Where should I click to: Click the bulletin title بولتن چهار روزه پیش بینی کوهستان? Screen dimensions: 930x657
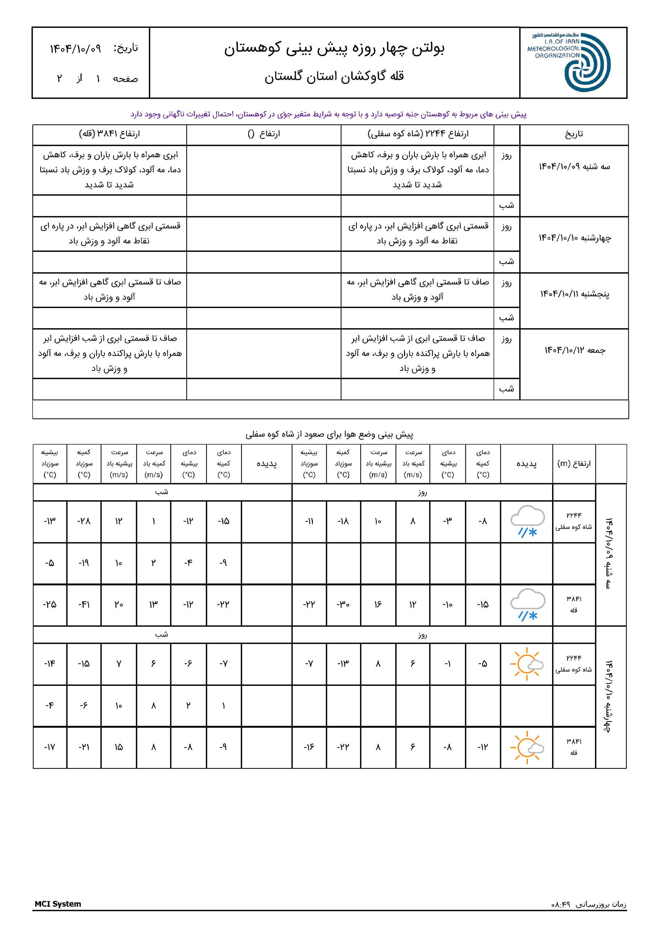[x=334, y=49]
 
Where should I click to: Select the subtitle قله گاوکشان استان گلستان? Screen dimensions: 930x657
[x=334, y=76]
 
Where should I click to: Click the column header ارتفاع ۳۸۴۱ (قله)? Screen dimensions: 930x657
[x=109, y=134]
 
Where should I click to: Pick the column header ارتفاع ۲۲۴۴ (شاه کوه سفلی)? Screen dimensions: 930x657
[x=417, y=134]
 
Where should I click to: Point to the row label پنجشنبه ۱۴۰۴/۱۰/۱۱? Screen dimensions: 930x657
[x=574, y=294]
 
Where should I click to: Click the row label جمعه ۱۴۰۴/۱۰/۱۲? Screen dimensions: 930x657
[x=574, y=350]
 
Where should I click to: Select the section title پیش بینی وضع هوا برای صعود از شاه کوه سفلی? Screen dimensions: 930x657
[x=329, y=434]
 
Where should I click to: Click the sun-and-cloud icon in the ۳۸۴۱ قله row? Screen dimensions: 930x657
[x=527, y=747]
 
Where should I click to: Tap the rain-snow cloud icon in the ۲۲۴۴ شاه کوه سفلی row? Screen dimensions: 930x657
[x=527, y=521]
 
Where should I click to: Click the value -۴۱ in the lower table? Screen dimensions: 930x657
[x=84, y=604]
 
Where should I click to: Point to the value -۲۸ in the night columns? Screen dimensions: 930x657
[x=84, y=521]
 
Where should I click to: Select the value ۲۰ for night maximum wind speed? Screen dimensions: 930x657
[x=119, y=604]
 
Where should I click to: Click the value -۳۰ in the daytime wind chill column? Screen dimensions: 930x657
[x=343, y=604]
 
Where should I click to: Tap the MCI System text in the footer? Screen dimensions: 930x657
[x=58, y=904]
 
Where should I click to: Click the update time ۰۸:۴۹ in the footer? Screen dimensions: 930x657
[x=561, y=904]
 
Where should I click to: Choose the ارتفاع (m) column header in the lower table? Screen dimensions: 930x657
[x=574, y=464]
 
